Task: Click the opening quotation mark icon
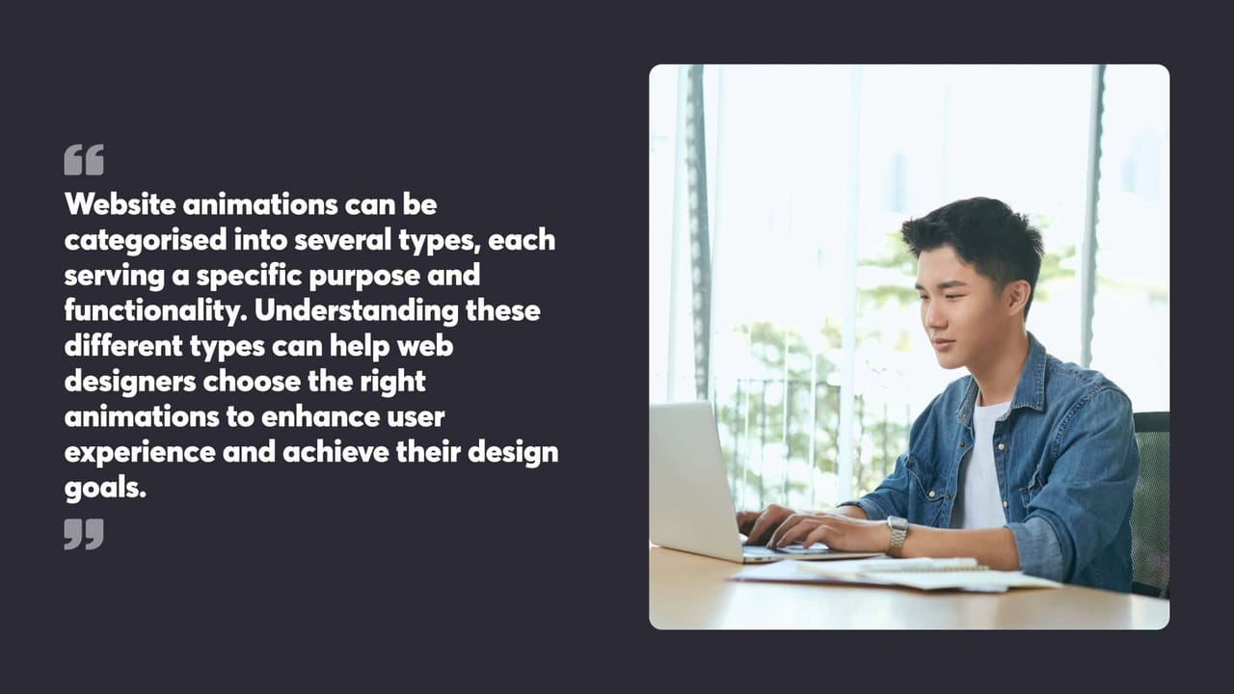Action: tap(84, 160)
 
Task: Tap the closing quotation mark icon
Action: tap(84, 533)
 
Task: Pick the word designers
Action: tap(130, 382)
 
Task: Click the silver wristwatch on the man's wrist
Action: tap(898, 536)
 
